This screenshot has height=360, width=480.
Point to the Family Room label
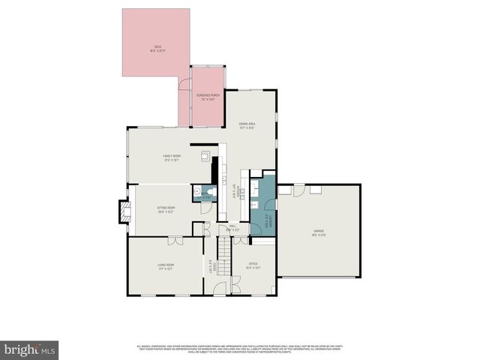click(x=172, y=157)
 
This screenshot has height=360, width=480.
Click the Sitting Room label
click(x=166, y=209)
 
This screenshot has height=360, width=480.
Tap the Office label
click(x=253, y=265)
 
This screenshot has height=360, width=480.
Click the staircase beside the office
click(x=224, y=255)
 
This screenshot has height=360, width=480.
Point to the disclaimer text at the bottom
click(x=240, y=349)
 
